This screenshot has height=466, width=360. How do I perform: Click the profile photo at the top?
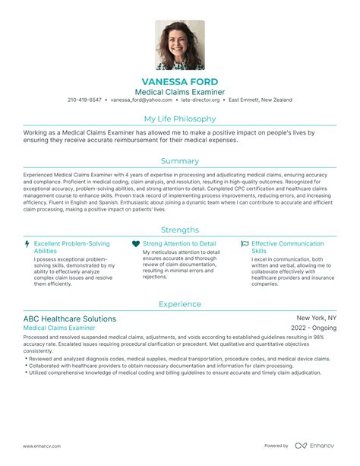(x=180, y=45)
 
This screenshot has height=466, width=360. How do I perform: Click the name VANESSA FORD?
(x=180, y=81)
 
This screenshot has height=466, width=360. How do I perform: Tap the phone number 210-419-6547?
(x=84, y=100)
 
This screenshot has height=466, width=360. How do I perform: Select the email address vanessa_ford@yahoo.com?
(x=141, y=100)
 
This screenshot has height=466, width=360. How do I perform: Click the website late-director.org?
(x=201, y=100)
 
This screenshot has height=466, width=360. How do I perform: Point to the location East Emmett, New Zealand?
(x=261, y=100)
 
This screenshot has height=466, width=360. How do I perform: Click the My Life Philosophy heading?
(x=180, y=119)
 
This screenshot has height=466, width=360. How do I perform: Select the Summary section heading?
(x=180, y=161)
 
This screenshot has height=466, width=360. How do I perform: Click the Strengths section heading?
(x=180, y=230)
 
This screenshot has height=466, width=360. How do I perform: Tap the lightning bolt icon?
(x=28, y=245)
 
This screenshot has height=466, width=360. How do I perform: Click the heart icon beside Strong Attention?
(x=136, y=245)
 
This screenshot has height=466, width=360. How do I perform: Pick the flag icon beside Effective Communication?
(x=245, y=245)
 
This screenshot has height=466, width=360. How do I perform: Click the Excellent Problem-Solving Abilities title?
(x=71, y=248)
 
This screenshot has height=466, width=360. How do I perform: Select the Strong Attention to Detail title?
(x=179, y=244)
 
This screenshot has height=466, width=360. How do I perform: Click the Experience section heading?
(x=180, y=304)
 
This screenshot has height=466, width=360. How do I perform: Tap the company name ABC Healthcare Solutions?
(x=70, y=319)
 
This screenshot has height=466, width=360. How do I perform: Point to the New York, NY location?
(x=316, y=318)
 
